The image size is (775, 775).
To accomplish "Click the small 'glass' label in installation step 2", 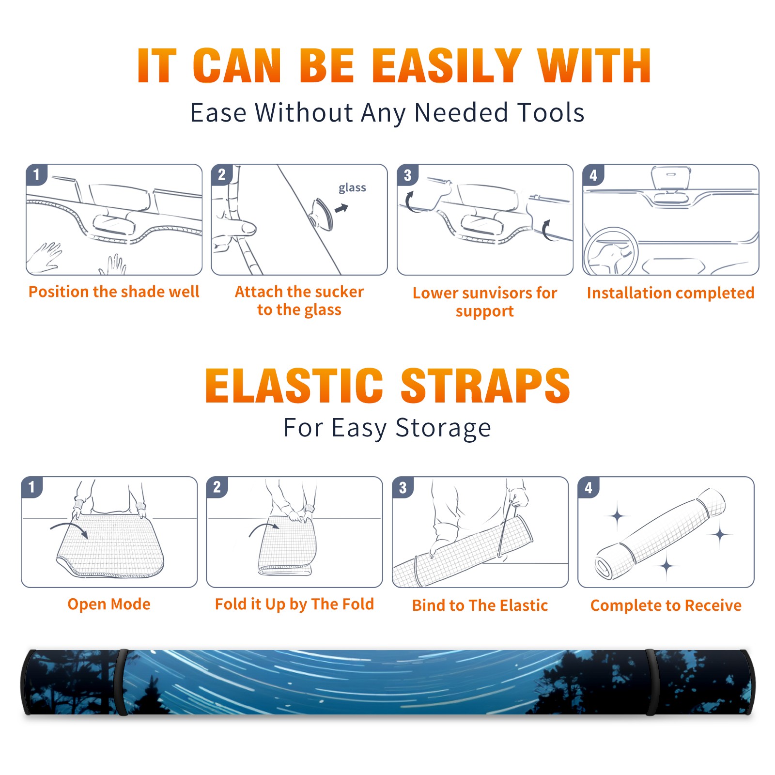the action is [352, 187].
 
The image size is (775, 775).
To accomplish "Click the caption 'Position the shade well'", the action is [114, 292].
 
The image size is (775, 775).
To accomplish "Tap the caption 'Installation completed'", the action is [670, 293].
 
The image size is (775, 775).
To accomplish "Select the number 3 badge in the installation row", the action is [407, 175].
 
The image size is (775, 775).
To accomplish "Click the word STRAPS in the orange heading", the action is [485, 386].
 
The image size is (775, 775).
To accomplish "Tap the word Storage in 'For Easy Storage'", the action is [443, 428].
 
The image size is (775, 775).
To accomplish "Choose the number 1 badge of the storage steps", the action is [32, 487].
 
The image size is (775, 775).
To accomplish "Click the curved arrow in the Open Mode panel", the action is [69, 528].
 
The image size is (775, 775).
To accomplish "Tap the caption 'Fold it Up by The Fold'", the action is [294, 604].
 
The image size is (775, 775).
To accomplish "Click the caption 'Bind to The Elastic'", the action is [480, 605].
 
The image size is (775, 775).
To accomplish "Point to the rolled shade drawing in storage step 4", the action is [660, 534].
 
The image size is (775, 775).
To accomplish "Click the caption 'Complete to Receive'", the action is [666, 605].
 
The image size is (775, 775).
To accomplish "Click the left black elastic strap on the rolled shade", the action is [121, 682].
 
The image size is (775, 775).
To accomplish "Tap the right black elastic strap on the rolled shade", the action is [651, 682].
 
